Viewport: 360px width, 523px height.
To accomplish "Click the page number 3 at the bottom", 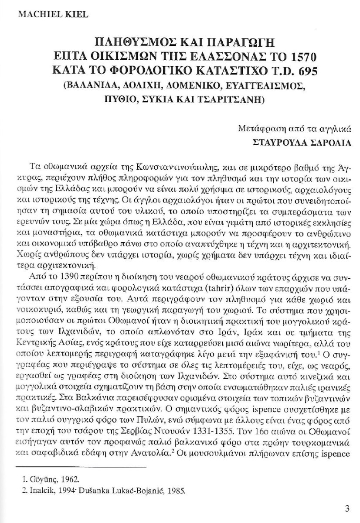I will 347,509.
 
